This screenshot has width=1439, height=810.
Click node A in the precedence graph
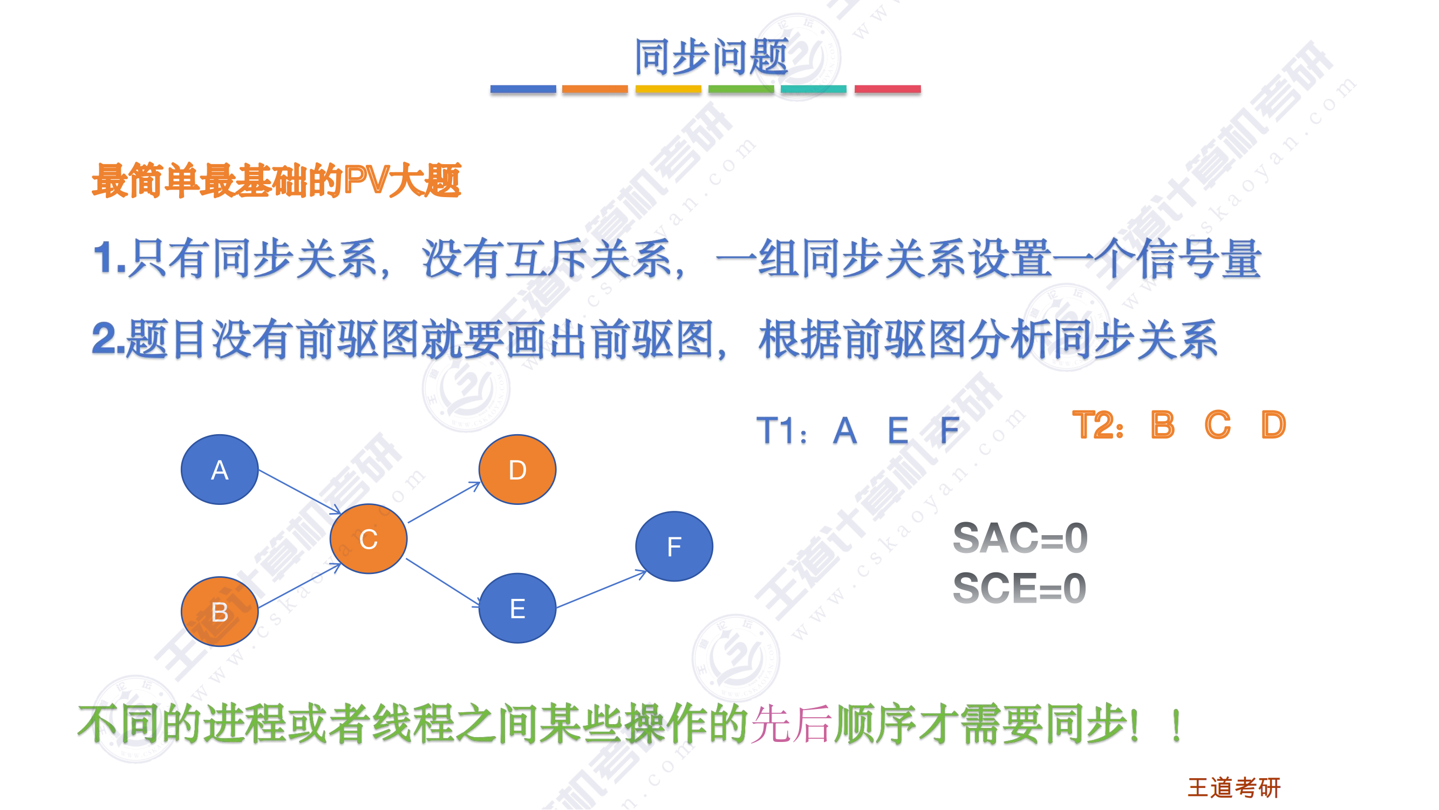tap(220, 470)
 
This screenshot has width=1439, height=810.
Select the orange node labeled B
tap(220, 612)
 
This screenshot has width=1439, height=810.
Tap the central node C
tap(369, 539)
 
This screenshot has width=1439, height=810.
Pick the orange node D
tap(517, 470)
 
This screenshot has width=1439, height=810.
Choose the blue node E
tap(517, 608)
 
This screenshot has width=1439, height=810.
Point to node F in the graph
tap(674, 546)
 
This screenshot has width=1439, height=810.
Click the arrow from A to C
tap(300, 492)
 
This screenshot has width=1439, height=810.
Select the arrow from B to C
tap(299, 585)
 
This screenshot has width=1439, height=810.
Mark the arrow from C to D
tap(445, 502)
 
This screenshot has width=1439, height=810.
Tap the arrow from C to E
tap(443, 583)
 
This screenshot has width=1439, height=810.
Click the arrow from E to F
tap(602, 589)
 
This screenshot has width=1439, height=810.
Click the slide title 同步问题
tap(711, 57)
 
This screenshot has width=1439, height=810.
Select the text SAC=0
tap(1020, 538)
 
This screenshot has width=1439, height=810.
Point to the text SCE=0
tap(1019, 588)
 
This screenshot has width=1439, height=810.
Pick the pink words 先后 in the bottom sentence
tap(792, 724)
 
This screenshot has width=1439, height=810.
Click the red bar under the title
tap(888, 89)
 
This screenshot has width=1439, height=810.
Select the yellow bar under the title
tap(668, 89)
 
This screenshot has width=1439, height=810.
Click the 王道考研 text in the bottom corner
tap(1234, 788)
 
